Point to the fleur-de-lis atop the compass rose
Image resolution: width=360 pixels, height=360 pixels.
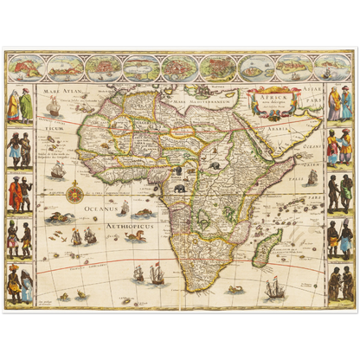coord(74,178)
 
